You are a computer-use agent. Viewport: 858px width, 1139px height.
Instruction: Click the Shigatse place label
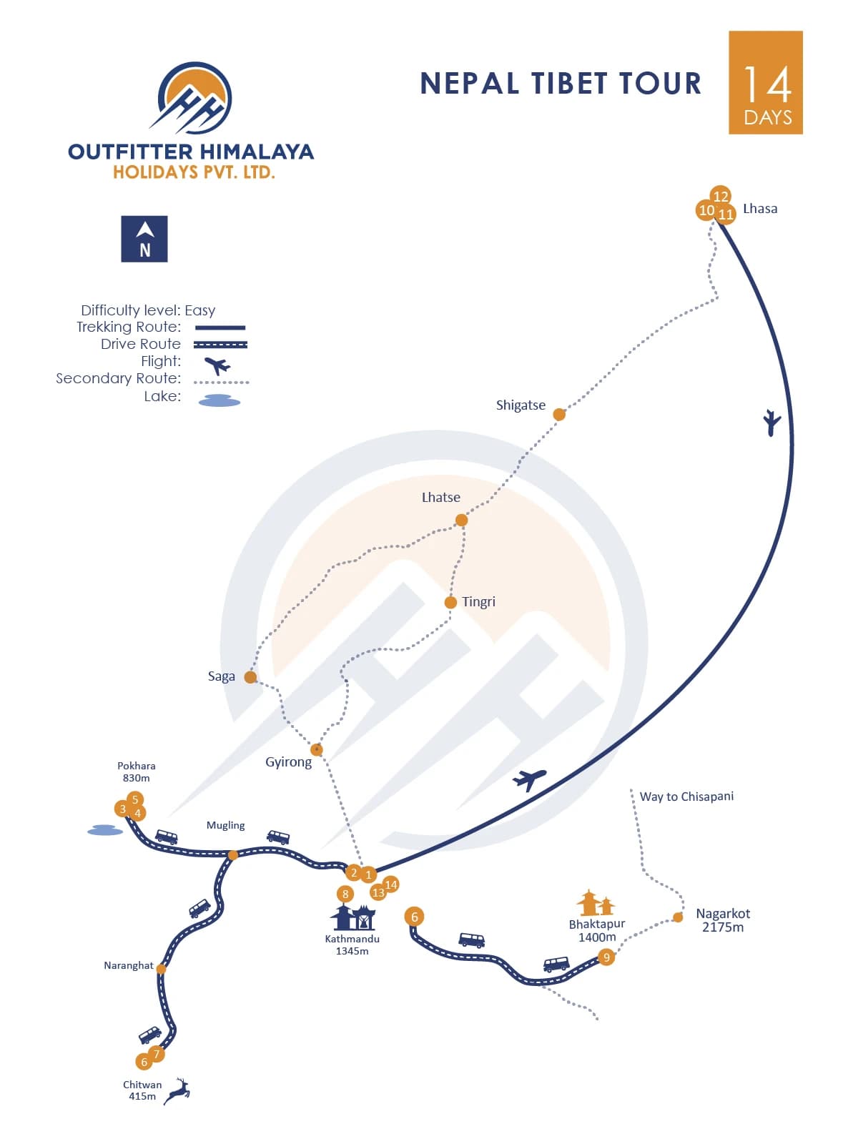pos(521,405)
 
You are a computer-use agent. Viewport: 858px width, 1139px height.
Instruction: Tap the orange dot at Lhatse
pos(462,520)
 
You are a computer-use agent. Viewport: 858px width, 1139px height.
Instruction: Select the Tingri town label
pos(478,602)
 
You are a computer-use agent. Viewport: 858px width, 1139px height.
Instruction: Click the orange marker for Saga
pos(250,677)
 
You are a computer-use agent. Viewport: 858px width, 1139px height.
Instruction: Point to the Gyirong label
pos(288,762)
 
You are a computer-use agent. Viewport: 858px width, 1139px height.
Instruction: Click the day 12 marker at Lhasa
pos(721,196)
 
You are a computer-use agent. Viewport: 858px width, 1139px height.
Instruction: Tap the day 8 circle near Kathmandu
pos(345,894)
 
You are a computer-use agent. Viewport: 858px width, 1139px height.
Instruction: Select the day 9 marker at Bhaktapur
pos(606,957)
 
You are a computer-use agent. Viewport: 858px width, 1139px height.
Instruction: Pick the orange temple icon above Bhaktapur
pos(596,903)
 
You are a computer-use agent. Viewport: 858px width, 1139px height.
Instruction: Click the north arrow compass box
pos(144,239)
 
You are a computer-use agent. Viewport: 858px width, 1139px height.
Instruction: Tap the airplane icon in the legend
pos(217,365)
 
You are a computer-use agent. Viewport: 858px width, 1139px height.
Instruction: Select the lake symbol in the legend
pos(220,400)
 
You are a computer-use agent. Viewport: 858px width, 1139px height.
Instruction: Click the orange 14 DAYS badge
pos(766,82)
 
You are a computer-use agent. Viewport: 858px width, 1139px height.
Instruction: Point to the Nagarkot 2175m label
pos(723,920)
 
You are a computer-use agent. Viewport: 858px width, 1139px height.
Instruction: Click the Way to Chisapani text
pos(686,797)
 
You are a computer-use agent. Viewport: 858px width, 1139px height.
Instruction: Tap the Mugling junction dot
pos(232,855)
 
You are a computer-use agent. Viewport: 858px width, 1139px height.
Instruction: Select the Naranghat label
pos(129,965)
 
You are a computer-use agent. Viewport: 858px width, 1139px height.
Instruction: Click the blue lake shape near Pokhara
pos(105,830)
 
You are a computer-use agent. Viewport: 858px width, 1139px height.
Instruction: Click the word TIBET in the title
pos(568,84)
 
